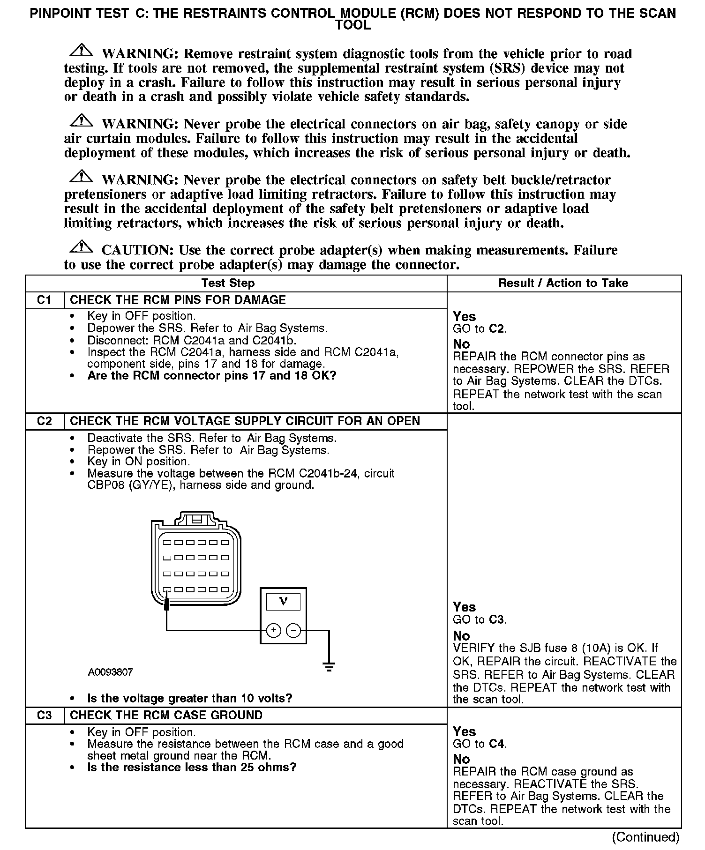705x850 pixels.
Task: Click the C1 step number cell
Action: (44, 300)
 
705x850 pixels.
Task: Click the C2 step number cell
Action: (44, 421)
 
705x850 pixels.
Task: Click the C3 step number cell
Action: (44, 715)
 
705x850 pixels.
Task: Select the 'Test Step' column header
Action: (228, 283)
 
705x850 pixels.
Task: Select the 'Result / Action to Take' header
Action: (563, 283)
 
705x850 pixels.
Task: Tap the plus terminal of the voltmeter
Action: (273, 631)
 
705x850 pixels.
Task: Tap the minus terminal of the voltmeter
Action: (293, 631)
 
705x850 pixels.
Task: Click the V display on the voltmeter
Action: (283, 601)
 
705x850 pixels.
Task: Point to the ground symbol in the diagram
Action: (329, 666)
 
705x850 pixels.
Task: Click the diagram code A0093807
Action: (110, 672)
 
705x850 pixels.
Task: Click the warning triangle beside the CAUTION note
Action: (81, 246)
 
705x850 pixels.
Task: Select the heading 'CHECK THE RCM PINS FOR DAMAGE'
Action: (178, 300)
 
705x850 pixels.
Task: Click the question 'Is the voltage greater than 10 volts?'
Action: (189, 698)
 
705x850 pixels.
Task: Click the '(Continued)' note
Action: (645, 837)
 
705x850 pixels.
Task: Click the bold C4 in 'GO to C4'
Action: (497, 744)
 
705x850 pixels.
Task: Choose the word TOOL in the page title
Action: (352, 25)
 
